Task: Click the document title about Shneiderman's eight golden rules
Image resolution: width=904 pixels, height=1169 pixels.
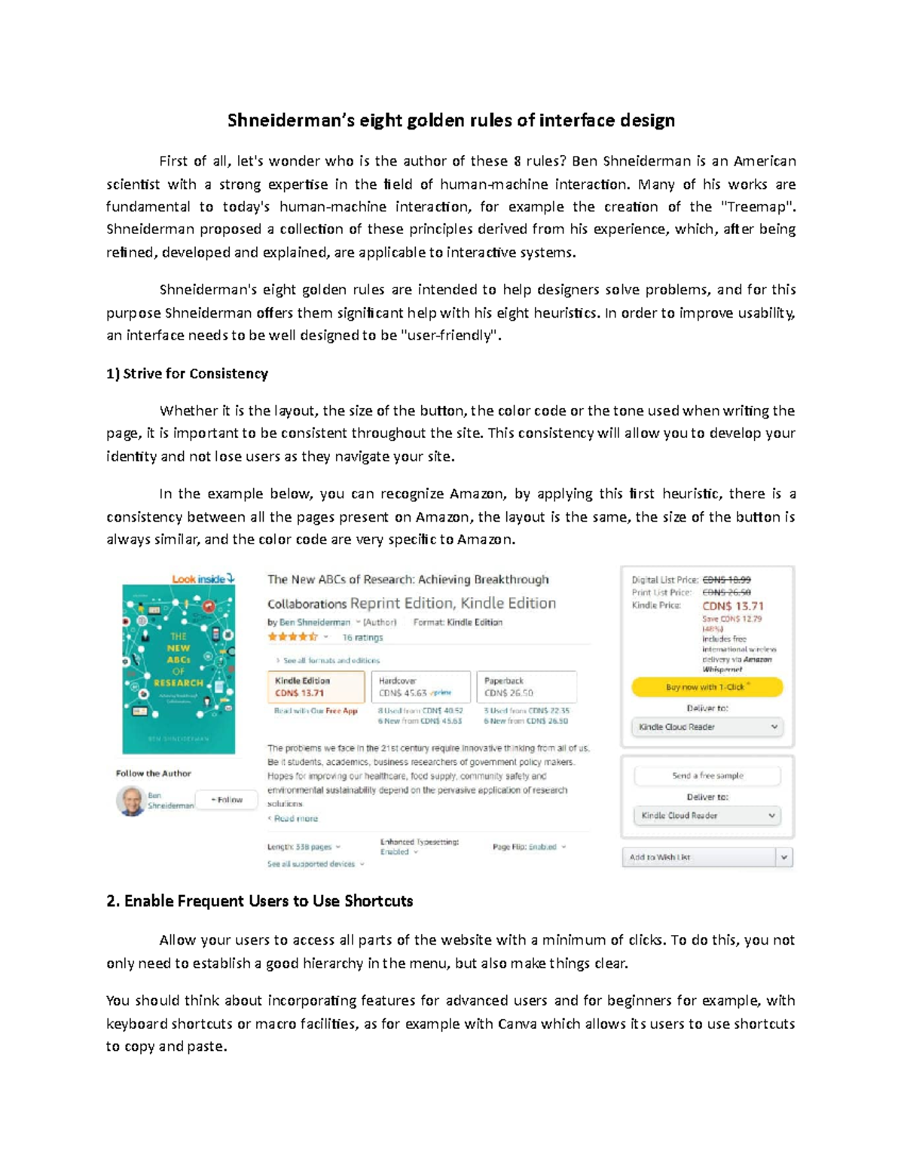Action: point(451,120)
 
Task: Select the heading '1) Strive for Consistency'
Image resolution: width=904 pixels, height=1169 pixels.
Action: point(187,373)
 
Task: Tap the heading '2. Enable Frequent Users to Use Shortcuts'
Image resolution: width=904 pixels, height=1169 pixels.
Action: point(260,901)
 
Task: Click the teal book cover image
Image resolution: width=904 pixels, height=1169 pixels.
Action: point(179,669)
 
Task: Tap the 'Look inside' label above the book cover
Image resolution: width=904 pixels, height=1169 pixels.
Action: point(203,579)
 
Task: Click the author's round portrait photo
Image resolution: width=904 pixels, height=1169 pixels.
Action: point(130,801)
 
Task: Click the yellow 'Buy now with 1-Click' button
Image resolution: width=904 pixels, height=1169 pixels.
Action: point(707,686)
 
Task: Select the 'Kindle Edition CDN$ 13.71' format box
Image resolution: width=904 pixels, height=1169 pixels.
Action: point(316,686)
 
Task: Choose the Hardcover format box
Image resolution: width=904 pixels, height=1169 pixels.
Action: point(425,686)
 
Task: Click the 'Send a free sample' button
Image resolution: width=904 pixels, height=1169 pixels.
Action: point(707,775)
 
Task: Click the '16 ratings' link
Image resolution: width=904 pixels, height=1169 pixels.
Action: point(362,638)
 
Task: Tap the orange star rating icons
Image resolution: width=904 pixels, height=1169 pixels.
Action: point(292,637)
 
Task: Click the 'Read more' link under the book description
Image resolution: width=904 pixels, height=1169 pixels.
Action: point(295,818)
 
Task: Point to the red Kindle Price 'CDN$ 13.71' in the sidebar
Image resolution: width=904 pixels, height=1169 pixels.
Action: point(732,605)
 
